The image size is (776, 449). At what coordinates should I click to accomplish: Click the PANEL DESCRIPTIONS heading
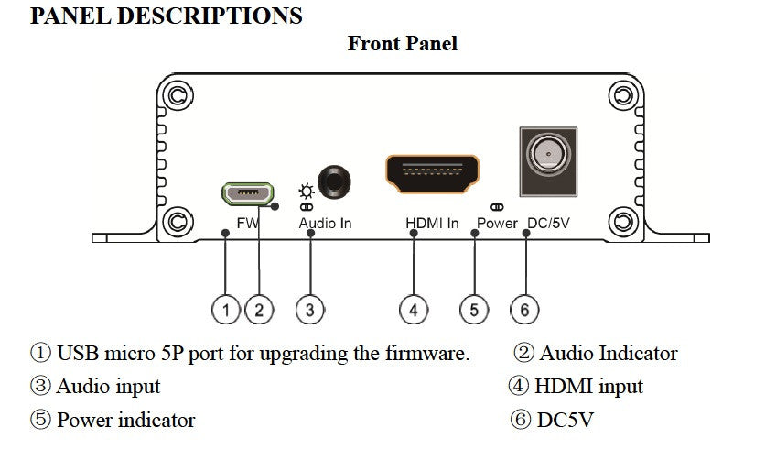click(167, 16)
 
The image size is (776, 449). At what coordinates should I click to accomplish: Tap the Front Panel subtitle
click(402, 43)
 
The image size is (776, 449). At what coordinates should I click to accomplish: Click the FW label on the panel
click(247, 223)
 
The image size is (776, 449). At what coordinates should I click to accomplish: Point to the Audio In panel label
click(325, 223)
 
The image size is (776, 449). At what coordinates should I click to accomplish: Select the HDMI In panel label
click(432, 223)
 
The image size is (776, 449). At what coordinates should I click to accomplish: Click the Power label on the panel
click(497, 223)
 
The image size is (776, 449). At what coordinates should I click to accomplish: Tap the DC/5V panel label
click(549, 223)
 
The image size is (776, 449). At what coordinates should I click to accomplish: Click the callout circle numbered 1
click(226, 310)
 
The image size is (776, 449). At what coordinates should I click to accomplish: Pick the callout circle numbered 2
click(259, 310)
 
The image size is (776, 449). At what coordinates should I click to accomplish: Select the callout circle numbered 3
click(310, 310)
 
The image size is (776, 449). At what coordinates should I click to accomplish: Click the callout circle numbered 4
click(414, 310)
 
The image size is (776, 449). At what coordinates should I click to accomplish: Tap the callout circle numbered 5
click(473, 310)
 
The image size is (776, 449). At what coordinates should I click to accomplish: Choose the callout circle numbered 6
click(524, 310)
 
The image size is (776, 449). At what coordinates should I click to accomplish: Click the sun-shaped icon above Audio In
click(306, 192)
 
